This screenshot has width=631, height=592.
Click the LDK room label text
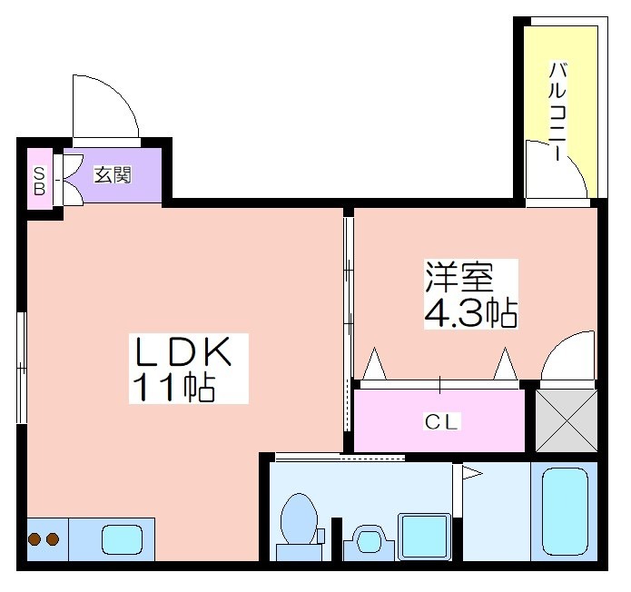coord(183,351)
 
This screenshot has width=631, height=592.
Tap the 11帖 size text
coord(173,387)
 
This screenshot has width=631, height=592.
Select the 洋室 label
coord(459,276)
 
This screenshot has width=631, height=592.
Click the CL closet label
coord(441,422)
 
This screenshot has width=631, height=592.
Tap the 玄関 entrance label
coord(113,174)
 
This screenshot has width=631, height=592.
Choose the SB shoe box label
coord(39,181)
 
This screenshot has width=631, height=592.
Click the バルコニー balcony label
coord(557,111)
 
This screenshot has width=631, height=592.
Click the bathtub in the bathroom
coord(565,511)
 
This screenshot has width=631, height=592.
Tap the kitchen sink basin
coord(123,539)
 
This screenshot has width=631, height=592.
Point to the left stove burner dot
coord(35,538)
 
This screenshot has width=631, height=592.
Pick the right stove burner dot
coord(53,538)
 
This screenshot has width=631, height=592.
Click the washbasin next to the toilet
coord(369,541)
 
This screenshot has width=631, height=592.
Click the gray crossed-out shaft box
coord(567,421)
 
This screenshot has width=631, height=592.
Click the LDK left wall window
coord(22,368)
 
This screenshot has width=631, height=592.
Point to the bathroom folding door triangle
coord(471,473)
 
